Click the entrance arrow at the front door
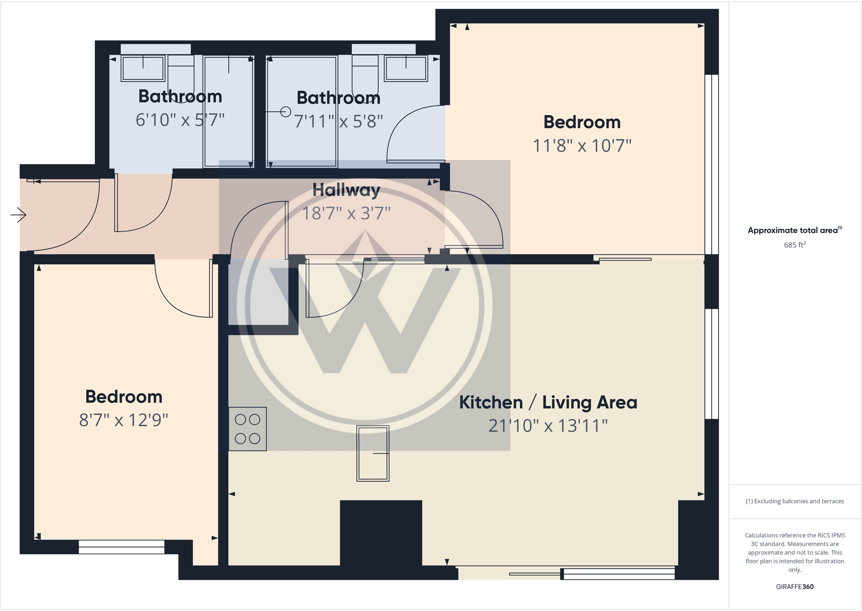click(18, 215)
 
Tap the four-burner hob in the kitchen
click(248, 429)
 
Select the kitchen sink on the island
click(373, 453)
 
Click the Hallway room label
click(346, 190)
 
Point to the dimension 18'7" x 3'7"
click(346, 213)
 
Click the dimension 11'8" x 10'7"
click(582, 145)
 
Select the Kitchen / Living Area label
click(548, 402)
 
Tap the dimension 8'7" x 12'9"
click(124, 420)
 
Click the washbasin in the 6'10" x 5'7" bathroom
click(143, 68)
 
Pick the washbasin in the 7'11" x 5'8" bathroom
click(406, 68)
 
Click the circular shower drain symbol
click(286, 112)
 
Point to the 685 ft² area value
click(794, 245)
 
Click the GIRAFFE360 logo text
click(794, 587)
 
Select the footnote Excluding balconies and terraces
click(794, 501)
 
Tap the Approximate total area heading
click(794, 230)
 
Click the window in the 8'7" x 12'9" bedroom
click(121, 546)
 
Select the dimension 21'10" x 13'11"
click(548, 426)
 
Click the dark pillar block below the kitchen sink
click(381, 532)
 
